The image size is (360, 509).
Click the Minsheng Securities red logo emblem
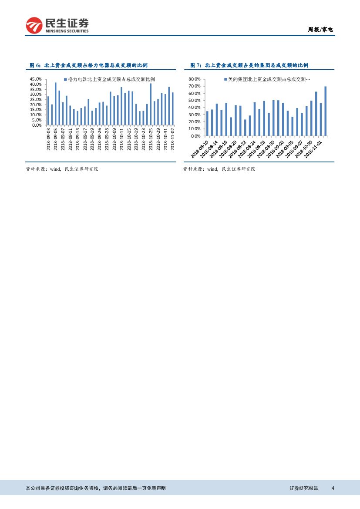pos(34,26)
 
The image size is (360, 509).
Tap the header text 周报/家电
pos(320,30)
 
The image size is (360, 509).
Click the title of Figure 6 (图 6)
pos(88,65)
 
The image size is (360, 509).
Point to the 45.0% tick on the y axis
pos(36,79)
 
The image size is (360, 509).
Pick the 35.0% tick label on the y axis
pos(36,89)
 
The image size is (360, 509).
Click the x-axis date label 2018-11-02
pos(173,139)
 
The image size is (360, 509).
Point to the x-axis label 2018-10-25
pos(151,139)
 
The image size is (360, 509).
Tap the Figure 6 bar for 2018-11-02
pos(173,108)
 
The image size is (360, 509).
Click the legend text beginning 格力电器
pos(111,80)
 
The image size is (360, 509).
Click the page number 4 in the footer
pos(333,488)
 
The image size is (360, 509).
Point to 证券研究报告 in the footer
pos(304,488)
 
